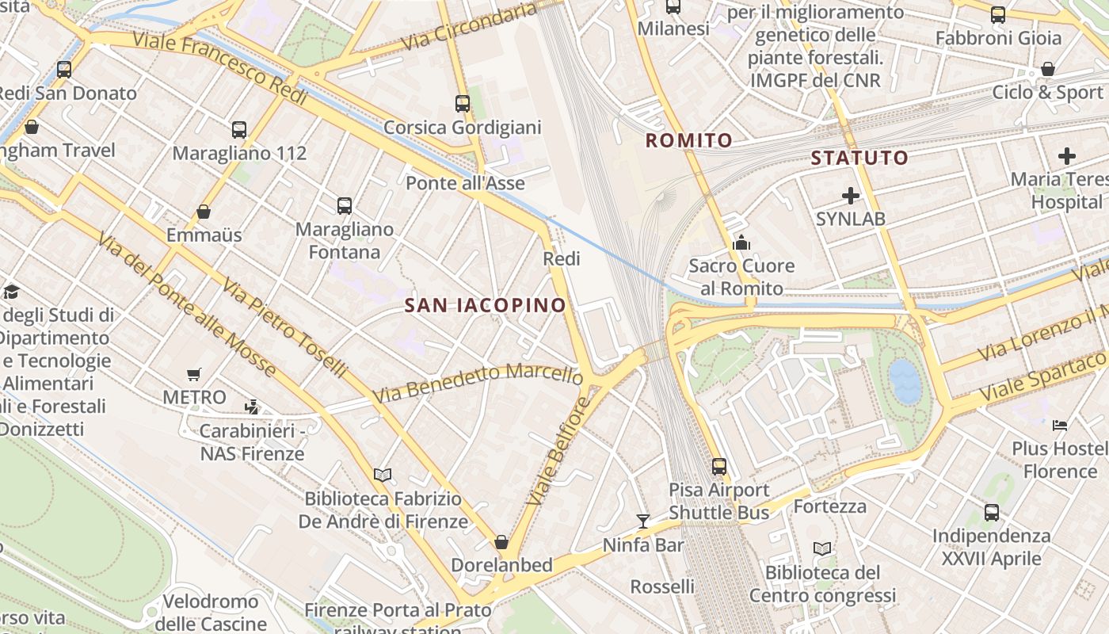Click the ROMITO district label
[x=688, y=141]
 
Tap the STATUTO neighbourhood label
[x=859, y=158]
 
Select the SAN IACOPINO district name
[x=486, y=305]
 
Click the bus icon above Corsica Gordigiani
[x=463, y=103]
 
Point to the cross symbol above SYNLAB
[x=851, y=195]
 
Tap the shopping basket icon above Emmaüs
[x=204, y=212]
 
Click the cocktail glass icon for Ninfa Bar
[x=643, y=521]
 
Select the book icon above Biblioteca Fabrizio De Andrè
[x=383, y=475]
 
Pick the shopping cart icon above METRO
[x=194, y=374]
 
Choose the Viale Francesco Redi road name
[x=219, y=69]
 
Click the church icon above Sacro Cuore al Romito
[x=741, y=243]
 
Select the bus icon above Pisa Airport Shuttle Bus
[x=718, y=466]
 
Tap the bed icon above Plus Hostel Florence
[x=1060, y=426]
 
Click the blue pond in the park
[x=905, y=381]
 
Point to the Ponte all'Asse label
[x=465, y=184]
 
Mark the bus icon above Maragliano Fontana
[x=344, y=206]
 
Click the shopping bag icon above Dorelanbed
[x=501, y=542]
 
